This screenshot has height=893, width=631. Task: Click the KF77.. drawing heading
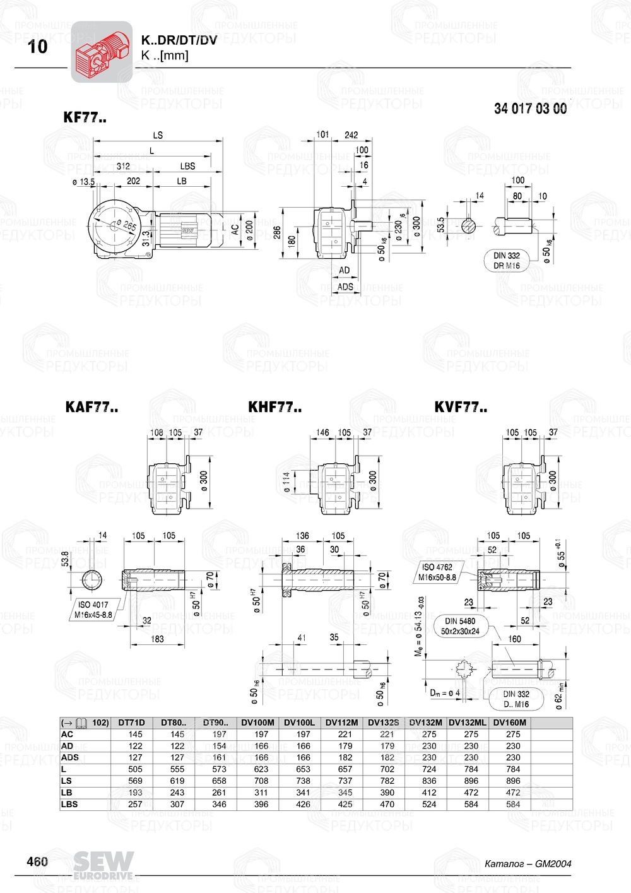point(85,117)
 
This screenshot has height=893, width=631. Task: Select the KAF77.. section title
point(91,408)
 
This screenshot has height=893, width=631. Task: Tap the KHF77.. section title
point(274,408)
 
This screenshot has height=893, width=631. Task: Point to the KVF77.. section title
point(461,408)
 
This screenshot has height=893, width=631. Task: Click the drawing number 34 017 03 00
point(530,109)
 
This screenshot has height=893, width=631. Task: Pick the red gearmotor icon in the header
point(101,52)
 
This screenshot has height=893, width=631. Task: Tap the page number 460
point(37,862)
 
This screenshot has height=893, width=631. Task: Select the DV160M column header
point(509,723)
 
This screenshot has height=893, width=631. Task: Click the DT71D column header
point(131,723)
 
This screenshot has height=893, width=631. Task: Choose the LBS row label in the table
point(69,804)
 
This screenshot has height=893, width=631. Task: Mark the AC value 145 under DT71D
point(135,734)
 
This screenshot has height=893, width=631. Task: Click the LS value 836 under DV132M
point(429,781)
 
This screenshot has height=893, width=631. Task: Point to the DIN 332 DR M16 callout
point(507,261)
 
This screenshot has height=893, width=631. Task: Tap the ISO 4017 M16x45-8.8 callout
point(93,610)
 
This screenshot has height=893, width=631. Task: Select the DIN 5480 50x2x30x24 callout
point(460,626)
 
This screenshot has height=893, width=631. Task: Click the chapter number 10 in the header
point(38,47)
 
